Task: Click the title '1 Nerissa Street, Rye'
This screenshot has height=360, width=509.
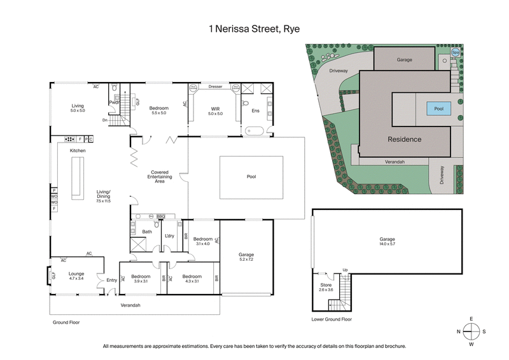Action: point(254,28)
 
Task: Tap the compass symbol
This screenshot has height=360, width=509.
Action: point(471,331)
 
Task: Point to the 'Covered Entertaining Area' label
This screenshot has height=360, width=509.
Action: point(158,177)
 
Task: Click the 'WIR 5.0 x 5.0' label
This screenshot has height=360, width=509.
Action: point(216,111)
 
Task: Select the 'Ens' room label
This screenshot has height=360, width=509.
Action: point(256,111)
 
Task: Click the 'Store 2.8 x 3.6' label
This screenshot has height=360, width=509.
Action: point(325,287)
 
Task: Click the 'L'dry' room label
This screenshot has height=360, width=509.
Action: point(169,236)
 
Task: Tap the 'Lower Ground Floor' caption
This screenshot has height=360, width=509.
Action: point(331,319)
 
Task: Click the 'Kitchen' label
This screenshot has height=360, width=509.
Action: point(78,151)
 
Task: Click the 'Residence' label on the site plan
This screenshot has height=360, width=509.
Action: point(405,139)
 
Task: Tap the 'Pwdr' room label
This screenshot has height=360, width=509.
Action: point(115,102)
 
